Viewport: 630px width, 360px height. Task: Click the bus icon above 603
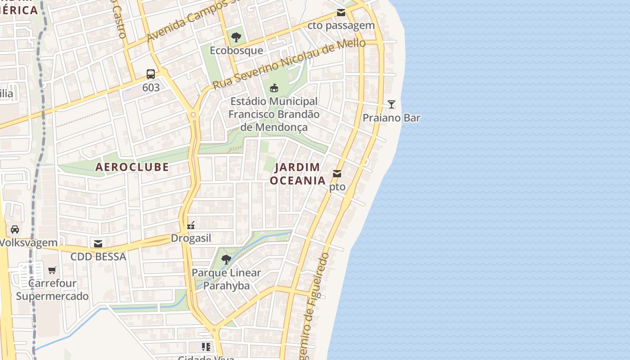point(151,74)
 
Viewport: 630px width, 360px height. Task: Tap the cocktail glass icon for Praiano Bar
point(391,104)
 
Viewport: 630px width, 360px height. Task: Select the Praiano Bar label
point(391,118)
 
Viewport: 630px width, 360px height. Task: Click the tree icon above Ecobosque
point(236,37)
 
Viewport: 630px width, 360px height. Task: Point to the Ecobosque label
point(236,50)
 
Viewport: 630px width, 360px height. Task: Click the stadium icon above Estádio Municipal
point(274,88)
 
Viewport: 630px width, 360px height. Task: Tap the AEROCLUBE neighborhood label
point(132,167)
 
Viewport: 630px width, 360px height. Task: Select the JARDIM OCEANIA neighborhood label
point(297,174)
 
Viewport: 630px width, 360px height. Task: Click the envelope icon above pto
point(337,174)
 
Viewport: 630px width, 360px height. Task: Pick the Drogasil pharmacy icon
point(191,225)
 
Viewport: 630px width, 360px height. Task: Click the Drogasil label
point(191,238)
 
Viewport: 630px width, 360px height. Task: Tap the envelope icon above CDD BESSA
point(98,244)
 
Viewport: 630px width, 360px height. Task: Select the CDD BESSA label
point(98,257)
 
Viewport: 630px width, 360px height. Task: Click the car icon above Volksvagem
point(15,229)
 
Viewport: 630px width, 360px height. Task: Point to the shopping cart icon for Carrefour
point(52,270)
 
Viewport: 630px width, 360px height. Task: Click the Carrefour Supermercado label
point(52,290)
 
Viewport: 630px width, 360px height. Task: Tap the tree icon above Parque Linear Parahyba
point(226,260)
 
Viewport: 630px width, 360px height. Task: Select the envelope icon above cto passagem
point(341,13)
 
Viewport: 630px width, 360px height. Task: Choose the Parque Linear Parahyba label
point(226,279)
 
